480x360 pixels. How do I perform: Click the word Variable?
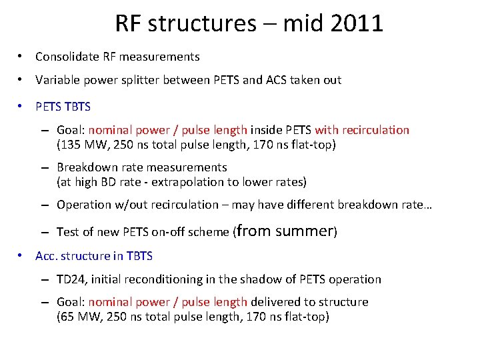pos(56,80)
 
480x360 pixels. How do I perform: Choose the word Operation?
pos(83,205)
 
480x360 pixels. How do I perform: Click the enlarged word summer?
pos(303,231)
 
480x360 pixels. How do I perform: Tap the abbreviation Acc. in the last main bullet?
pos(46,257)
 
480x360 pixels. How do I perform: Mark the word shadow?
pos(252,279)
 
